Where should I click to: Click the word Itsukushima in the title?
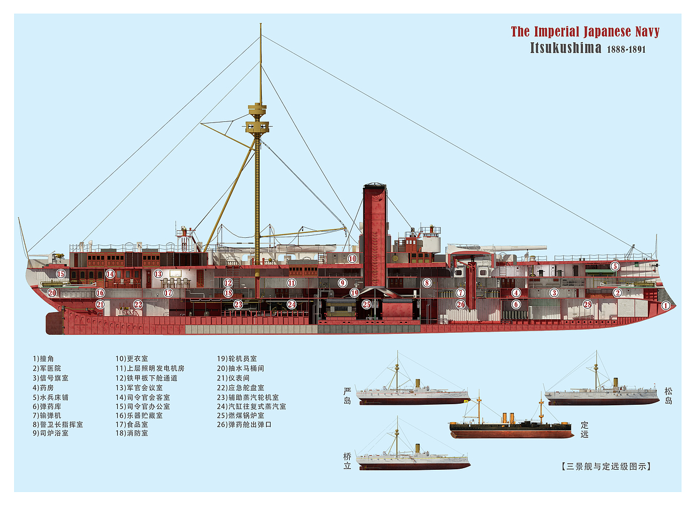tap(566, 48)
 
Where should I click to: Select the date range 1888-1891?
tap(626, 49)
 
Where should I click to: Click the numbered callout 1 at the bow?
tap(665, 306)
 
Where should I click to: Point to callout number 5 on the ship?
tap(614, 266)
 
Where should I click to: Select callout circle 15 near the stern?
tap(61, 274)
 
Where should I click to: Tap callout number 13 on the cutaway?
tap(158, 274)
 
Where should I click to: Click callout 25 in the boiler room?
tap(367, 305)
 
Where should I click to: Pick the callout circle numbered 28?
tap(587, 304)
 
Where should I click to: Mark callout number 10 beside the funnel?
tap(352, 259)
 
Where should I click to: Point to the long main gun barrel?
tap(515, 248)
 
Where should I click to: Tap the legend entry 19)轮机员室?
tap(237, 359)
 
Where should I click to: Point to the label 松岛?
tap(668, 396)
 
